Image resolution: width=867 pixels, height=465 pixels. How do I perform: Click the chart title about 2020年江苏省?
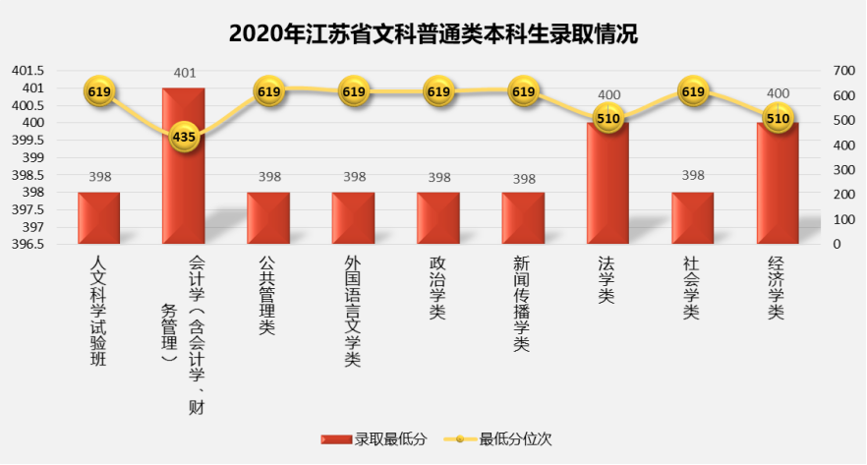[x=433, y=34]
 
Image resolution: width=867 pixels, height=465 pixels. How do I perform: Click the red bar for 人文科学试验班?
[x=98, y=217]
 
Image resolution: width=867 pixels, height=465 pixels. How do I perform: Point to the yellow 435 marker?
[x=184, y=137]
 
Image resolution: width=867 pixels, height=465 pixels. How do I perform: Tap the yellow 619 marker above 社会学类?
[x=693, y=92]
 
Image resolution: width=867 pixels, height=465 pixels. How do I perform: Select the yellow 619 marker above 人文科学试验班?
[x=98, y=92]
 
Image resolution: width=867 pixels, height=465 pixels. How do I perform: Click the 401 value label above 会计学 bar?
[x=184, y=73]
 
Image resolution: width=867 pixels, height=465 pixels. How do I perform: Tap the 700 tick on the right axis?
[x=843, y=71]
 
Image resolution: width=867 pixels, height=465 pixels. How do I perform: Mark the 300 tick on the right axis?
[x=843, y=170]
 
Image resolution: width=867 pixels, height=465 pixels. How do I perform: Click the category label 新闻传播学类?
[x=522, y=304]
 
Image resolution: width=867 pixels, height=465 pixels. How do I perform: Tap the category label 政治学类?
[x=437, y=287]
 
